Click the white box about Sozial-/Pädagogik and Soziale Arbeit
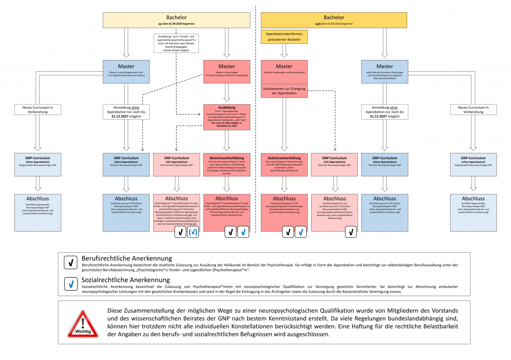[176, 43]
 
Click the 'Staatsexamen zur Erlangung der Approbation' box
[284, 90]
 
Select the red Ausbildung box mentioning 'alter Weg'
[227, 118]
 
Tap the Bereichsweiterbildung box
[227, 164]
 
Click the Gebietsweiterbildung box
[284, 164]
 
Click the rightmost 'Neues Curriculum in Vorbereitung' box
[473, 109]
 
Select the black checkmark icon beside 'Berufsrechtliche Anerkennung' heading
[70, 262]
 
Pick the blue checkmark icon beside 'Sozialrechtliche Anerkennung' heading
[70, 283]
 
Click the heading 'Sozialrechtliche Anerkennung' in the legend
[126, 280]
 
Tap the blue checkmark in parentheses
[192, 232]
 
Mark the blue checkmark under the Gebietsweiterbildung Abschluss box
[301, 232]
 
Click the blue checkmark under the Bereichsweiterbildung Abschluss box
[243, 232]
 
